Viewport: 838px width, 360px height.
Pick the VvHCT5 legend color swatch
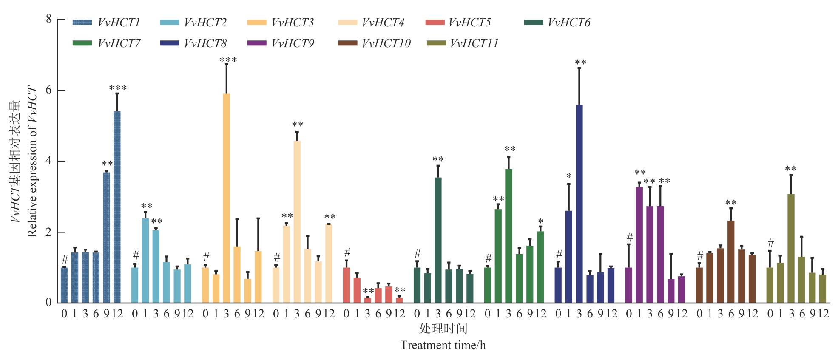point(435,23)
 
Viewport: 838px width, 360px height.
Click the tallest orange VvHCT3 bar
point(227,198)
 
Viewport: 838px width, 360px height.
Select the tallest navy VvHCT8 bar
point(579,204)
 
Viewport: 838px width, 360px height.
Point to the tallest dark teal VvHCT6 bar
point(438,240)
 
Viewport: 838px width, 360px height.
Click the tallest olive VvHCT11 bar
point(791,249)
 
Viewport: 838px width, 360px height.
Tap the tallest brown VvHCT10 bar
point(731,262)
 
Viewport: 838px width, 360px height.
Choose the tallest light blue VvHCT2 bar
point(145,261)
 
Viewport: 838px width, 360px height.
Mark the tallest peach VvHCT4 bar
point(297,222)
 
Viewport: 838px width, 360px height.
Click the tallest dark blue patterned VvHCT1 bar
point(117,207)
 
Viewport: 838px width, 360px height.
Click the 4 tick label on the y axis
point(49,161)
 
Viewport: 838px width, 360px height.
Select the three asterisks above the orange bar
point(228,60)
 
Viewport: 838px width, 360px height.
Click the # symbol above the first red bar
point(347,252)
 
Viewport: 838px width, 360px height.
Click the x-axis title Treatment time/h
point(443,345)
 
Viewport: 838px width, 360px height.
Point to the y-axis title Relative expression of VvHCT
point(32,162)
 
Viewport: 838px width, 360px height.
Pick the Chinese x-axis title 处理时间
point(443,329)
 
